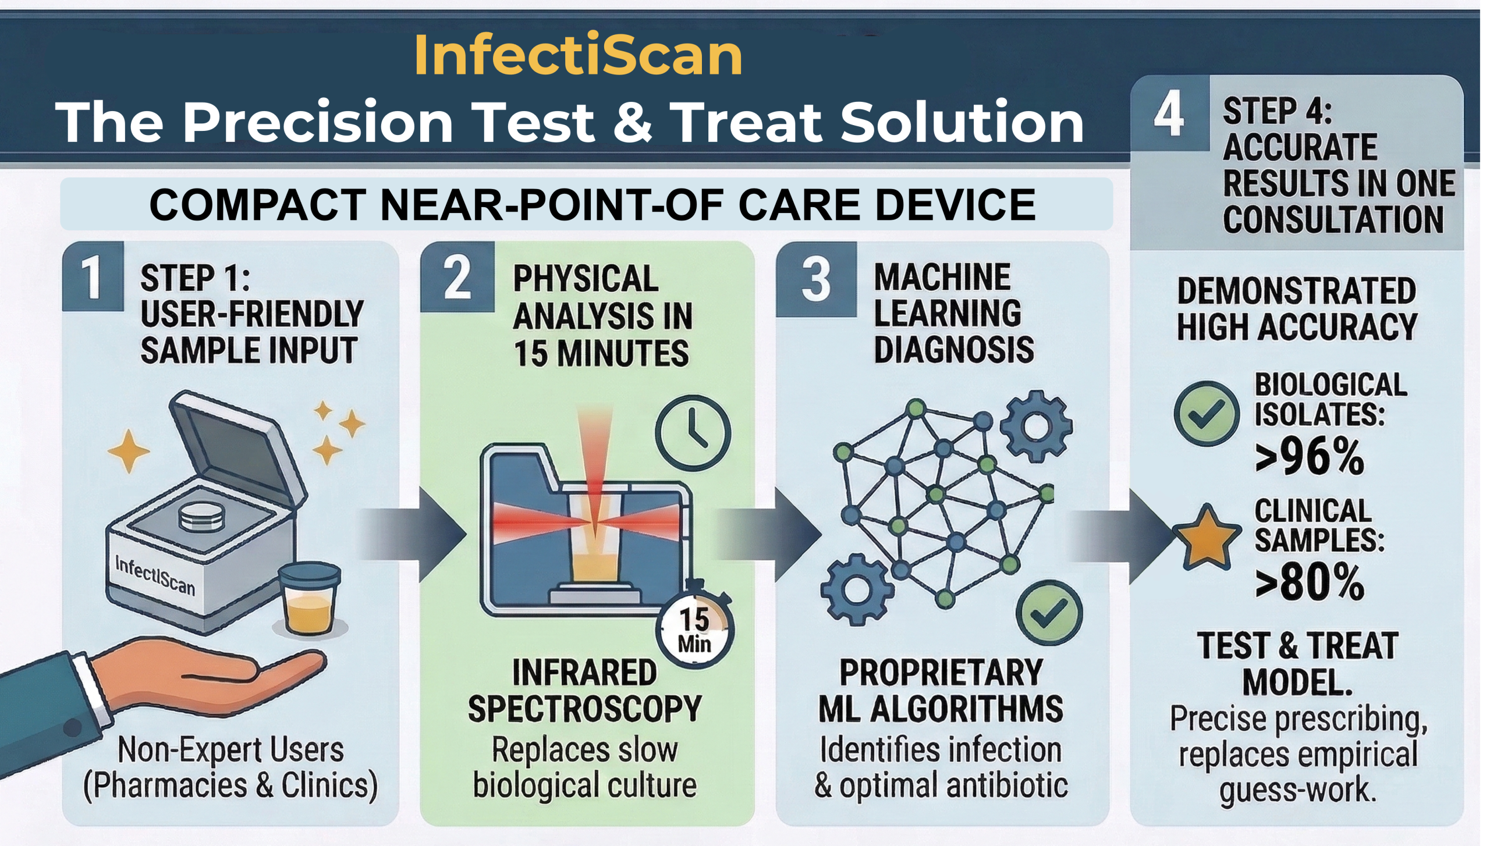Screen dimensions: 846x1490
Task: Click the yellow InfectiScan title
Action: pos(578,55)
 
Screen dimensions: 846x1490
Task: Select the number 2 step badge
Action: pos(457,278)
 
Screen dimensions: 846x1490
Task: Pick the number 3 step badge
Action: pos(816,279)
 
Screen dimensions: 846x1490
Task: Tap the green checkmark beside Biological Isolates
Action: pos(1206,414)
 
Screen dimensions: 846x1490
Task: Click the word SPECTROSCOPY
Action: pos(584,709)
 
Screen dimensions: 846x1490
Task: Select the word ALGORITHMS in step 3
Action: pos(966,709)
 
